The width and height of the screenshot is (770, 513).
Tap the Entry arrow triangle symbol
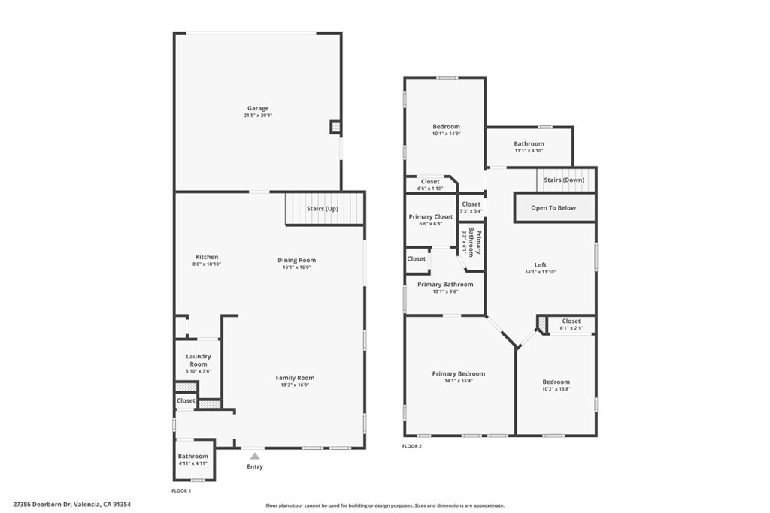[255, 455]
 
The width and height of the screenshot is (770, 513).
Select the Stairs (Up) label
[321, 208]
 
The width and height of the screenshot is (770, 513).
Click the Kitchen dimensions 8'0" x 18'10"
[205, 264]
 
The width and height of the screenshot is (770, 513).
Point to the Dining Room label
[296, 260]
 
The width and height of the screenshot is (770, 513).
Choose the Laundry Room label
[199, 360]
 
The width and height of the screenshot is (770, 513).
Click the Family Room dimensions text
[294, 385]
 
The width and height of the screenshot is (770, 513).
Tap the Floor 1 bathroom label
[193, 456]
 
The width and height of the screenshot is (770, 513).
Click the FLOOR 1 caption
[181, 490]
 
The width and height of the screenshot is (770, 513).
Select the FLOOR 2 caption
[411, 446]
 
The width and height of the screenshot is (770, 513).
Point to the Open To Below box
[553, 208]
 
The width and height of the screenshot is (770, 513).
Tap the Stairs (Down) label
[563, 180]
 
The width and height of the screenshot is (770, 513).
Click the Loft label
[540, 264]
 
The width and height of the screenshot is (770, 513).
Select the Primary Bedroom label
[458, 373]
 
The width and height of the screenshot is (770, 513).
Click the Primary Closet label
[431, 216]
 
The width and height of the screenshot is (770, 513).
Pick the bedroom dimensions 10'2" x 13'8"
[556, 389]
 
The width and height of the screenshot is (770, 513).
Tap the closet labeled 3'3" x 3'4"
[471, 211]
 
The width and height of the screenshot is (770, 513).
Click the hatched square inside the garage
[335, 128]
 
